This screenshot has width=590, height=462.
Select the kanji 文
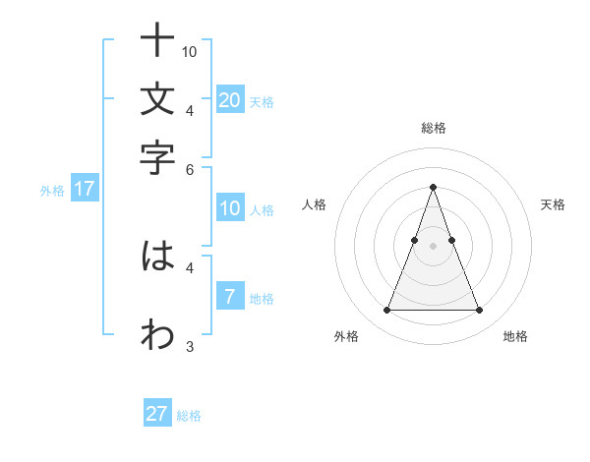point(157,99)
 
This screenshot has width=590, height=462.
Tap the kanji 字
point(157,156)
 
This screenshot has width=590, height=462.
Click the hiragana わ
point(157,334)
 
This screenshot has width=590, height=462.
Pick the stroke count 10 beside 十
point(190,51)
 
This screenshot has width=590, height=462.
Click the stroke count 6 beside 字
point(190,168)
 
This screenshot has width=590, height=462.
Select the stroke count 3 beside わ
point(190,345)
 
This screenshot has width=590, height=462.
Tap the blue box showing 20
point(229,99)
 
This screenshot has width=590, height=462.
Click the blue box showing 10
point(229,207)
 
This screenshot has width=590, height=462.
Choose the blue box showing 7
point(229,296)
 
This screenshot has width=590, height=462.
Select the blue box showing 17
point(84,189)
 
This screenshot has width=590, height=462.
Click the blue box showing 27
point(157,414)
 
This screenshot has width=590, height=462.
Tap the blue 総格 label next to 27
point(189,416)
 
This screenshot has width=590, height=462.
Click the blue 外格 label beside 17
point(51,191)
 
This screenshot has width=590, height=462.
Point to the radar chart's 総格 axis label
point(433,128)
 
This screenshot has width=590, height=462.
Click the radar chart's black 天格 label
point(553,204)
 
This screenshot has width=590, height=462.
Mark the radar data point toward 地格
point(479,311)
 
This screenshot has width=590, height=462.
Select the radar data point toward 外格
point(386,311)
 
